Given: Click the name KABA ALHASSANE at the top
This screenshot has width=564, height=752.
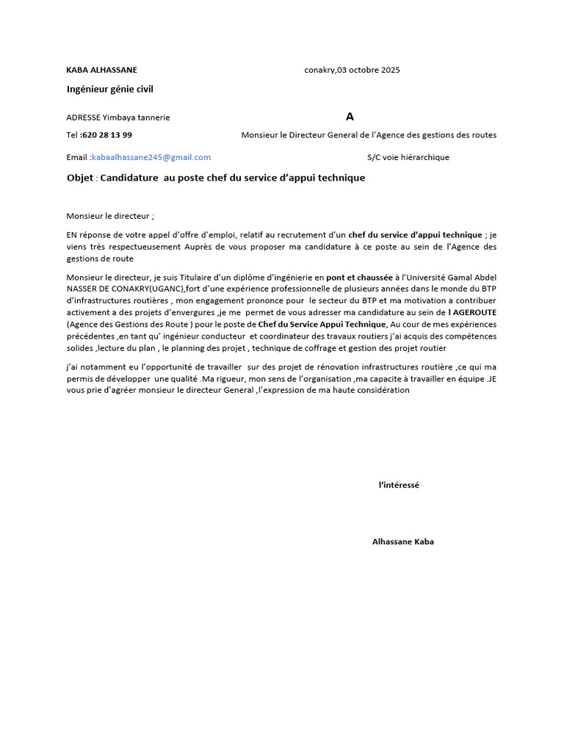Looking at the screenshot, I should [x=101, y=70].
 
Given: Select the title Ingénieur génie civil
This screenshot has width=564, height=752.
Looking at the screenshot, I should [x=110, y=90].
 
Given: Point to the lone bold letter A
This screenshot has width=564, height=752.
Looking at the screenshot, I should [x=350, y=117].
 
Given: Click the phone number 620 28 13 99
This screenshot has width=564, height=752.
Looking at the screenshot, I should [x=107, y=135].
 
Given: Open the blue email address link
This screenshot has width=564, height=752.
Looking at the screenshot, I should [x=151, y=157].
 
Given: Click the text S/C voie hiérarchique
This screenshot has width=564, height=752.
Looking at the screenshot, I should [x=408, y=157].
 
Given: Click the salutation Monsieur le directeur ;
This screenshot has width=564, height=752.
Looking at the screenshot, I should [x=111, y=216].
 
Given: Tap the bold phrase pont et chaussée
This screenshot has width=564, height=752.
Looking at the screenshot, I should [x=359, y=277].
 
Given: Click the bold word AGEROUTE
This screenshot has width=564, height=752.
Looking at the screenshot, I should [x=475, y=312].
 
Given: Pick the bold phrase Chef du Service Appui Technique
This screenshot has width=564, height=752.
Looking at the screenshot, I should [x=322, y=324].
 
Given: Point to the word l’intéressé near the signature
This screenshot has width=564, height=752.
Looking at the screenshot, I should [x=399, y=485].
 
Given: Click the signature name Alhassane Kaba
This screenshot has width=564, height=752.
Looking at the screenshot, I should [x=402, y=542].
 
